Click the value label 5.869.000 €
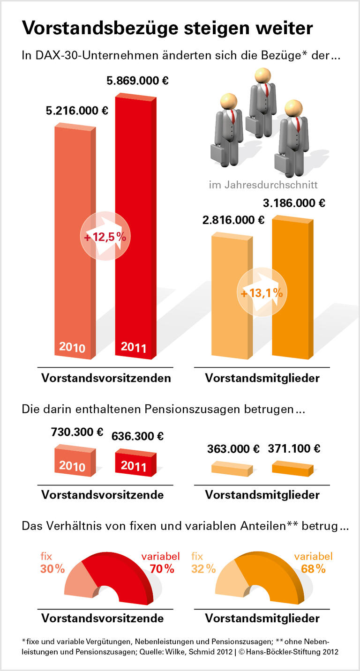(x=137, y=81)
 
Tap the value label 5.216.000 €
(x=77, y=111)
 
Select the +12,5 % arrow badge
(x=105, y=237)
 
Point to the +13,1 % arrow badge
(x=262, y=293)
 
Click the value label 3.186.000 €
(x=294, y=203)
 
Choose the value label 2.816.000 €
(x=233, y=220)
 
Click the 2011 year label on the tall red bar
(x=134, y=348)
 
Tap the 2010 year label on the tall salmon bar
(x=72, y=348)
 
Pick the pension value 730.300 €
(x=77, y=432)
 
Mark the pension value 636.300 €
(x=137, y=436)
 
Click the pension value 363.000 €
(x=233, y=448)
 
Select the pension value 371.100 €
(x=294, y=448)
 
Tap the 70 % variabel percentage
(x=162, y=569)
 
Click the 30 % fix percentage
(x=52, y=569)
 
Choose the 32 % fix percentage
(x=203, y=569)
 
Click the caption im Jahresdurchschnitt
(x=263, y=185)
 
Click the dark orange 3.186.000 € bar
(x=292, y=286)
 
